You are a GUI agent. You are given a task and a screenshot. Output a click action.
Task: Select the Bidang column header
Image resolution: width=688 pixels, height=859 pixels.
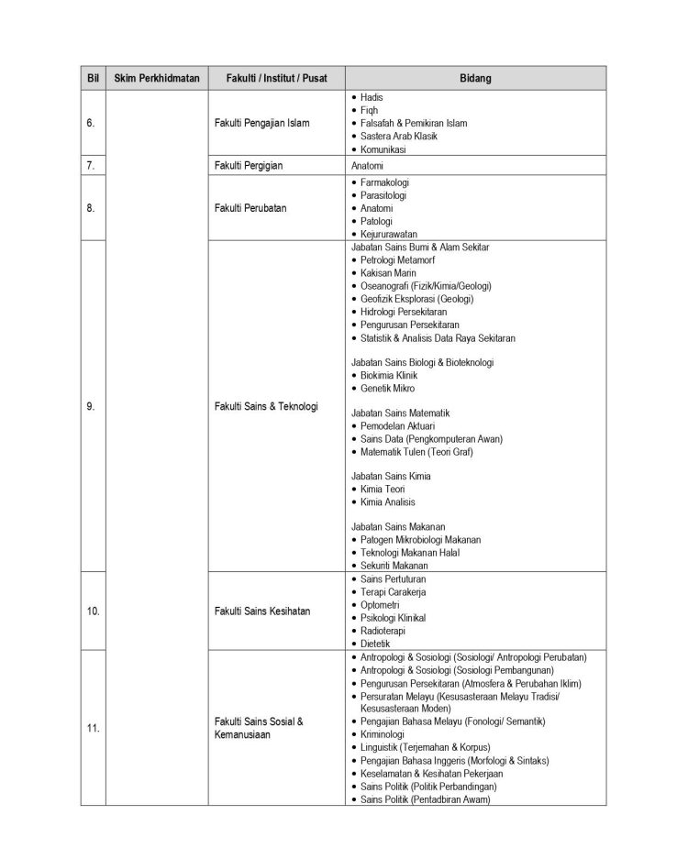point(475,78)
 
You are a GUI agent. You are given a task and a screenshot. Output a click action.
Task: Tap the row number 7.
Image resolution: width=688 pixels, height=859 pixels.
point(91,166)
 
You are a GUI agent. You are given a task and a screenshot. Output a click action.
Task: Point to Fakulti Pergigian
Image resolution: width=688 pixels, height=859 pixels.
point(248,166)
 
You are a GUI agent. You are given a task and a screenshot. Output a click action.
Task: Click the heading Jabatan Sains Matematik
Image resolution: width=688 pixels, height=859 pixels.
point(401,413)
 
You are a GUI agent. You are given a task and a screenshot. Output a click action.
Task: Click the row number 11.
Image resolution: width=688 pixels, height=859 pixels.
point(93,728)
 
